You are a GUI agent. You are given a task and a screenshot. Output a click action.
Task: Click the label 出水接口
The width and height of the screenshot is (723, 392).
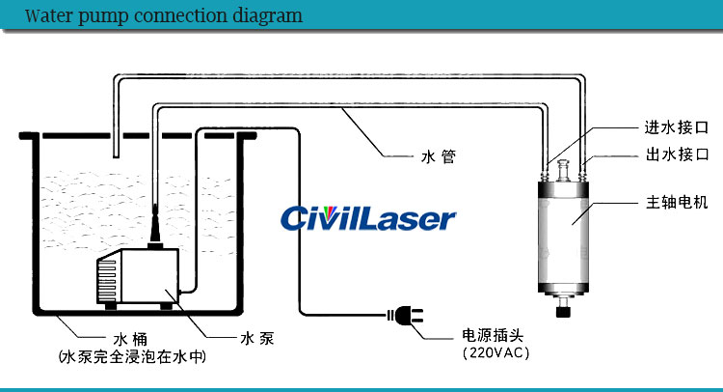pos(676,154)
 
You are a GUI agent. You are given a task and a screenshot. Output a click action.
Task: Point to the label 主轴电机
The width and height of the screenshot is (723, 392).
pos(676,203)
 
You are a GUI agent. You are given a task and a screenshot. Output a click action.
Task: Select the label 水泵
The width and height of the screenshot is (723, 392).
pos(252,339)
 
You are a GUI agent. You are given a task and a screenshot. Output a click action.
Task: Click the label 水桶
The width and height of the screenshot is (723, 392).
pos(131,339)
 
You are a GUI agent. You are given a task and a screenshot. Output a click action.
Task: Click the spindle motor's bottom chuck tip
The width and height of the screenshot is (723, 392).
pos(563,310)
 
